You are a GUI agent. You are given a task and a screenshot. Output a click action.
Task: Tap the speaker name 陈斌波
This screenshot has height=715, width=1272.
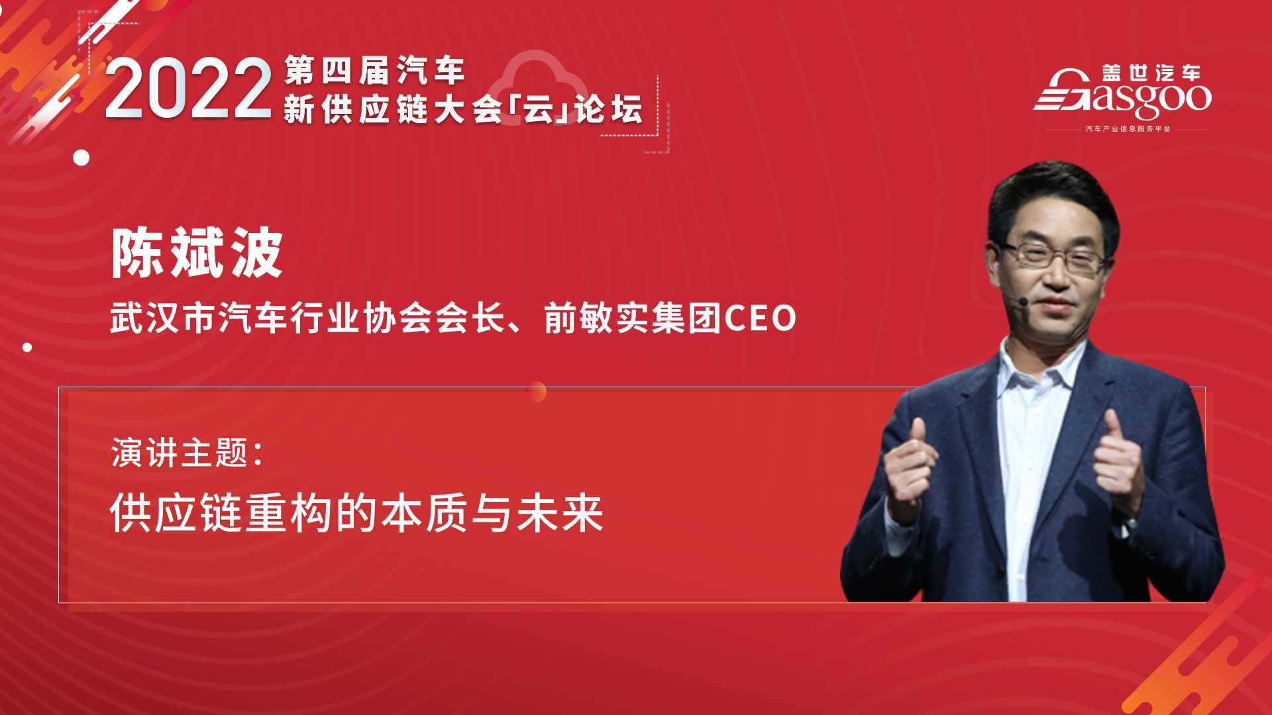click(197, 254)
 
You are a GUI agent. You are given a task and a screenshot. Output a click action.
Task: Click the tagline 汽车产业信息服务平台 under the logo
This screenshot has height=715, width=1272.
click(1126, 128)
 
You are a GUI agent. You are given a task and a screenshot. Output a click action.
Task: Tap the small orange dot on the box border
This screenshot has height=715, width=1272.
click(537, 391)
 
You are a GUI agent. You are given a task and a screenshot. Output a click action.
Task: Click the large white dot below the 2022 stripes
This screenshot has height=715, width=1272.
click(81, 158)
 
